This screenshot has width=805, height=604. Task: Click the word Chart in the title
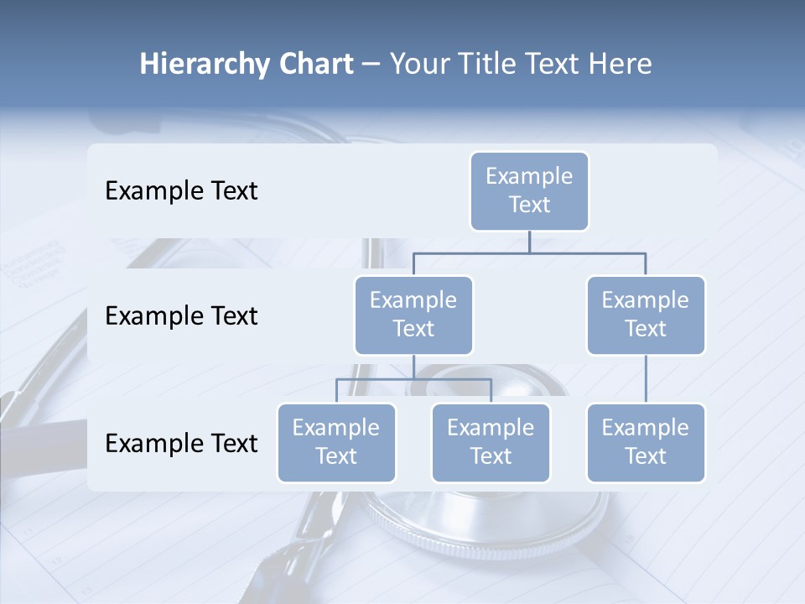pos(314,64)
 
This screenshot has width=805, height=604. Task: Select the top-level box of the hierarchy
pos(529,190)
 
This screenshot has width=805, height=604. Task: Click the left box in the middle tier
pos(413,315)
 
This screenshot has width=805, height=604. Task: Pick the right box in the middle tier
pos(646,315)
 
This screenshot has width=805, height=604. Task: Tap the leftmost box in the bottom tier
pos(336,442)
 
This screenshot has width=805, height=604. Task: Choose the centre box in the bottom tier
pos(491,442)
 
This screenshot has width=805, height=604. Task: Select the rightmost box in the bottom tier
pos(646,442)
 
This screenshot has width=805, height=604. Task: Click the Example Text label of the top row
pos(181,191)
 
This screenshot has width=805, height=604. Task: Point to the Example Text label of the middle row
pos(181,316)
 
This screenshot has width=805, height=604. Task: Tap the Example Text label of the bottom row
pos(181,443)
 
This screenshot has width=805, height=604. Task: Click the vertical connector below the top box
pos(529,242)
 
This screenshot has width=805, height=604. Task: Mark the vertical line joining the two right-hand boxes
pos(646,379)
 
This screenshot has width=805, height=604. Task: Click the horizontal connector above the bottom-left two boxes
pos(413,379)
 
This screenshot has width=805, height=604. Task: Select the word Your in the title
pos(418,64)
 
